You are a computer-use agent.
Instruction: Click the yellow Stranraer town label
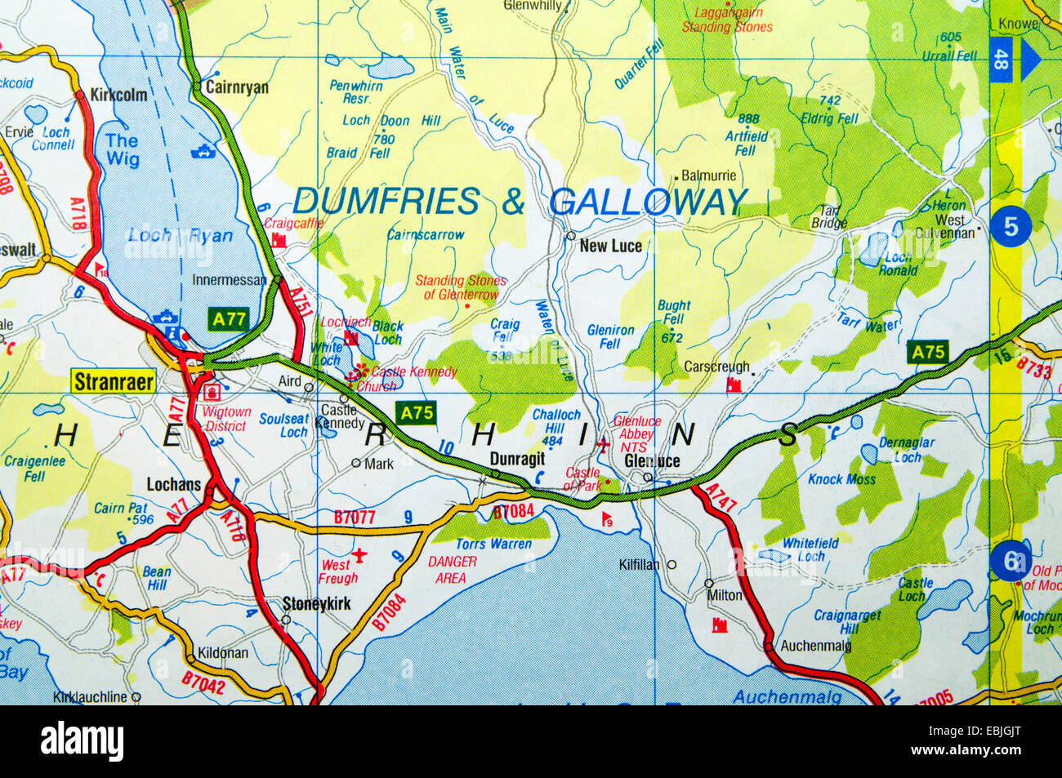pos(114,381)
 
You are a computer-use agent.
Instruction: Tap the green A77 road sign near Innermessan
pos(229,319)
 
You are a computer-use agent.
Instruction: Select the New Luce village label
pos(610,246)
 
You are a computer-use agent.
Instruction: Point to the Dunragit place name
pos(517,459)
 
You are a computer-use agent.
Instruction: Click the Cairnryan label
pos(237,87)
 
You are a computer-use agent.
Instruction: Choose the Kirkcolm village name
pos(119,95)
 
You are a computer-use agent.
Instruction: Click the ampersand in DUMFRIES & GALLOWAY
pos(513,202)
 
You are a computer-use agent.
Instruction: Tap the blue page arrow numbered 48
pos(1014,60)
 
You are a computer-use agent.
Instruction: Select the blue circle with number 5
pos(1011,226)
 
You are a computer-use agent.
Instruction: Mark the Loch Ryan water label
pos(180,236)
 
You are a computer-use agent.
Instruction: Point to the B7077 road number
pos(355,517)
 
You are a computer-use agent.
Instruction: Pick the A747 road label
pos(720,498)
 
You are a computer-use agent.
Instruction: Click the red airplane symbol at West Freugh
pos(359,557)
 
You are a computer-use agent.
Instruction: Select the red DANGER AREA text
pos(452,570)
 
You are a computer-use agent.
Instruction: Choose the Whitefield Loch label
pos(810,549)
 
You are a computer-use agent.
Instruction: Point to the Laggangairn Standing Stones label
pos(727,20)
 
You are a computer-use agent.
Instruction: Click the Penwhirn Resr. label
pos(355,91)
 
